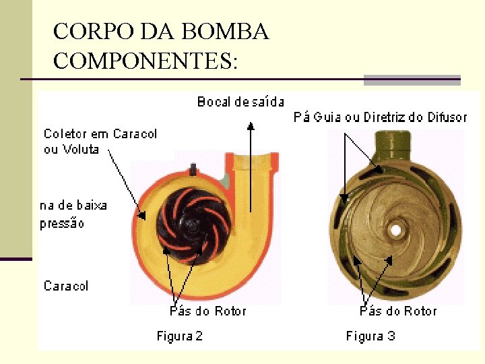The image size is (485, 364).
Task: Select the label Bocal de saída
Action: coord(240,102)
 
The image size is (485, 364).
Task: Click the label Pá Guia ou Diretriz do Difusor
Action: coord(380,117)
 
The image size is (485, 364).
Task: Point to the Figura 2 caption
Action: coord(180,336)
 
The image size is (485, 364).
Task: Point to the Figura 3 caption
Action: coord(370,336)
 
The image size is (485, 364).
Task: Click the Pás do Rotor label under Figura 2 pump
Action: coord(207,311)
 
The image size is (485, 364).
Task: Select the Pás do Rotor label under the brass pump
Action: coord(398,311)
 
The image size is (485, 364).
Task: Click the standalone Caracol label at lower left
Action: coord(66,286)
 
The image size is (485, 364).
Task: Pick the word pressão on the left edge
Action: coord(62,223)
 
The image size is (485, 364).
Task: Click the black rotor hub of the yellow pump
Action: coord(194,222)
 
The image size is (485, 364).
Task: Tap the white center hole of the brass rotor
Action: coord(395,230)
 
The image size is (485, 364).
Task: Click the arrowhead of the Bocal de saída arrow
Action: coord(251,125)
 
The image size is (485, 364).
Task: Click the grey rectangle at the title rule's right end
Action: coord(412,80)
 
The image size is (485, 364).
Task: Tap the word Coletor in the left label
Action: coord(65,133)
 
